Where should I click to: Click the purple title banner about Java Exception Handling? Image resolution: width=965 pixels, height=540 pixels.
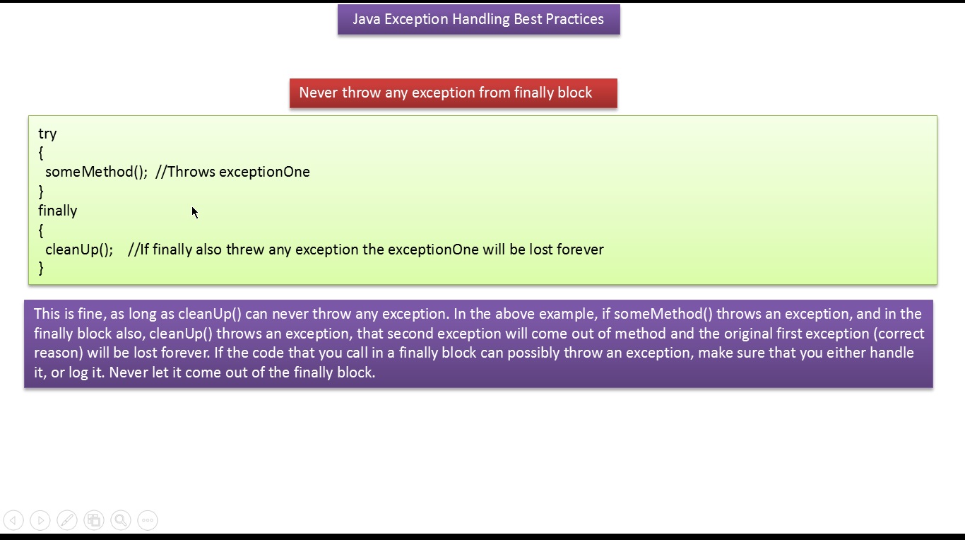pos(479,19)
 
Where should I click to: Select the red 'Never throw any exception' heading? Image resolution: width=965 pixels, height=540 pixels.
pos(454,93)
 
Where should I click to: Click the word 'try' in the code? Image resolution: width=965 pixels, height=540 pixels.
pos(47,134)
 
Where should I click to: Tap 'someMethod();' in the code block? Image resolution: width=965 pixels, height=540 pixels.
pos(97,172)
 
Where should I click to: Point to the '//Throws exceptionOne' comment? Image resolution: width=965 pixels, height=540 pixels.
pos(232,172)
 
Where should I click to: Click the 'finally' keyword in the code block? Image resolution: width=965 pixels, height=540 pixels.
pos(58,211)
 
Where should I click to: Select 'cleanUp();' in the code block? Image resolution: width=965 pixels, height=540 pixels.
pos(79,250)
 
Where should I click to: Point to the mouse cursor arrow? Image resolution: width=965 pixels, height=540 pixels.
pos(195,213)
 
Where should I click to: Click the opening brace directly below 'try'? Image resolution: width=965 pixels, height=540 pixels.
pos(41,153)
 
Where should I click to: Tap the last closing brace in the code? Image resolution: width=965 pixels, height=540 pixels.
pos(41,268)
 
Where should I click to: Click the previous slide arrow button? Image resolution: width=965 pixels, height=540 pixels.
pos(13,520)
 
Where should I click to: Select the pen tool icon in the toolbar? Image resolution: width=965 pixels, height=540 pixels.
pos(67,520)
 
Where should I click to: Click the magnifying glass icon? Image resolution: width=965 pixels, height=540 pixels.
pos(121,520)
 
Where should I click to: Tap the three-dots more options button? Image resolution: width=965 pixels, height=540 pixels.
pos(148,520)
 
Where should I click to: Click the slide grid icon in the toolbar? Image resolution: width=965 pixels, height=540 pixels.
pos(94,520)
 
